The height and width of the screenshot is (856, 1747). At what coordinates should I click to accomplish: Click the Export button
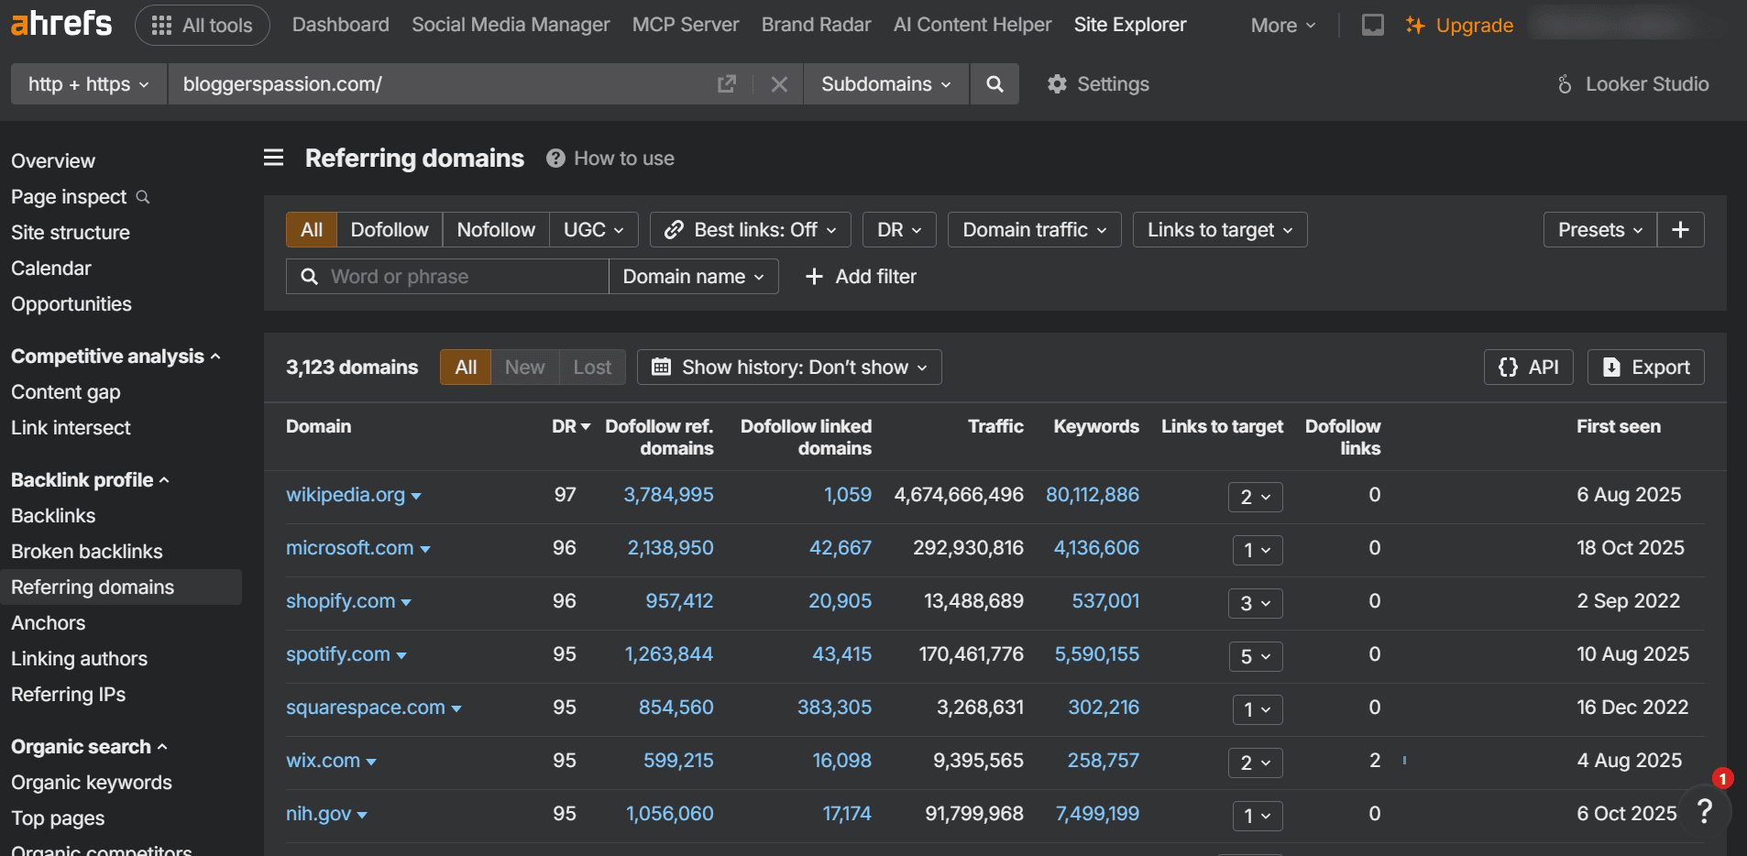1645,368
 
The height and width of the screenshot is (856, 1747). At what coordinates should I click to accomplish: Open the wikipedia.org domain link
345,495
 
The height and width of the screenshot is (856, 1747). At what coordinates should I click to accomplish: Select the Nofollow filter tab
495,230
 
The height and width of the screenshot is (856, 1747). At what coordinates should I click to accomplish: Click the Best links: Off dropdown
750,230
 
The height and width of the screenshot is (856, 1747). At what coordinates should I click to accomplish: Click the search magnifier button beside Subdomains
994,84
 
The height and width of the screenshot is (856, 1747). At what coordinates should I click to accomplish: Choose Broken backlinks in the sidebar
86,552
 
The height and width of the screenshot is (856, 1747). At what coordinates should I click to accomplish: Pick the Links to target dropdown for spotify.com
1255,656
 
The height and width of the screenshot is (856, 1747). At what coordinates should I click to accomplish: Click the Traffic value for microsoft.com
968,548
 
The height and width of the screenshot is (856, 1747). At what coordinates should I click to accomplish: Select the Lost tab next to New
592,368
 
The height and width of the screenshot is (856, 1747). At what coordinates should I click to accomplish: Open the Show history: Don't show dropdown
789,368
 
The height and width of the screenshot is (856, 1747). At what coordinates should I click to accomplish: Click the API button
1528,368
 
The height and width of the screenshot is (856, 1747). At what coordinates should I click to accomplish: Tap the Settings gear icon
1057,84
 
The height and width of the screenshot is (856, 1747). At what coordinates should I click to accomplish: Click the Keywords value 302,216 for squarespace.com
1104,708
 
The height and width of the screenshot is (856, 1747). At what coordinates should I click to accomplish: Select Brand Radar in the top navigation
816,25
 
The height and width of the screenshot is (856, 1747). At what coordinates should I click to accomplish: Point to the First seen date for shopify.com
1628,601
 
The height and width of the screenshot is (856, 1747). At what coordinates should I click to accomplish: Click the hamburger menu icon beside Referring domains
273,158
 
